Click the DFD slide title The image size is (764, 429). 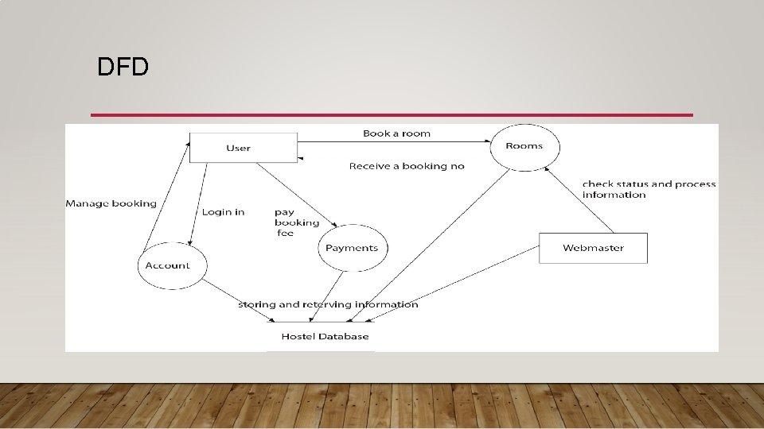coord(123,67)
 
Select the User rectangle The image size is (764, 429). coord(238,148)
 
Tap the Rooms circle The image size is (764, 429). coord(524,146)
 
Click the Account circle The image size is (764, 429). coord(167,265)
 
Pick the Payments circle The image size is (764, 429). coord(352,248)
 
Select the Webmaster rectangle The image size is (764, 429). coord(593,248)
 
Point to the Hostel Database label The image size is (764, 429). coord(321,336)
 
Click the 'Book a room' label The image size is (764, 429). coord(396,133)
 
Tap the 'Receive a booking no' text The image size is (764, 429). coord(407,166)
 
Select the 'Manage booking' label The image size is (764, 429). coord(111,203)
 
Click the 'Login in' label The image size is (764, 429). coord(223,212)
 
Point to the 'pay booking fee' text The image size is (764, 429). coord(296,222)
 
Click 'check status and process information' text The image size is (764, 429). coord(649,189)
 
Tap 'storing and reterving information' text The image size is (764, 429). coord(328,304)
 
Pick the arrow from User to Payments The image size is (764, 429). coord(298,195)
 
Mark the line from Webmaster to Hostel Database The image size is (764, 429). coord(454,282)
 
